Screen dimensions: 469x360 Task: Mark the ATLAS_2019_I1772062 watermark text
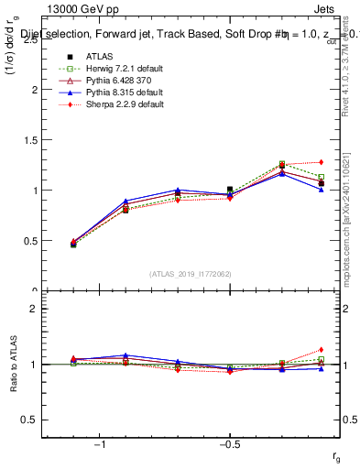pos(190,274)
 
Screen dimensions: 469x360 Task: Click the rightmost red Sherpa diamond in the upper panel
pos(321,162)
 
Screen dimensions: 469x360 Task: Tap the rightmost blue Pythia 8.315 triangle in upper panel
pos(321,190)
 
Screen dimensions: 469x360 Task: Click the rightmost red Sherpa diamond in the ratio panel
pos(321,350)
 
